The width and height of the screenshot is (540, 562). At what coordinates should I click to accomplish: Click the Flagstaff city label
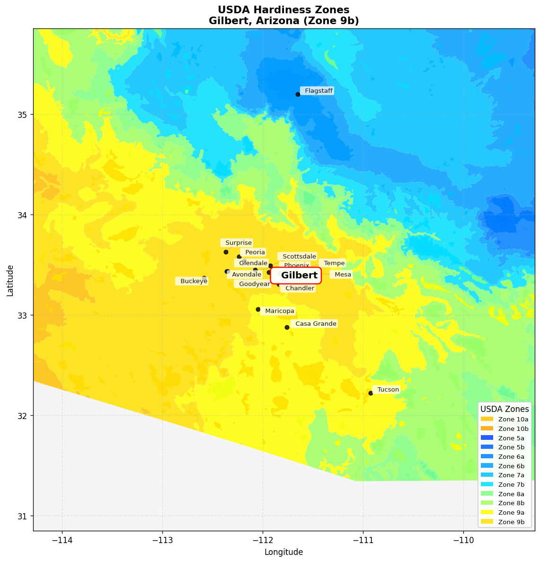pos(318,91)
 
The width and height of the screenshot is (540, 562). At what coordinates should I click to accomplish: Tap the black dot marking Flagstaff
pos(298,94)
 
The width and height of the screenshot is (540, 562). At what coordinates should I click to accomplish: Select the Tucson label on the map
pos(388,390)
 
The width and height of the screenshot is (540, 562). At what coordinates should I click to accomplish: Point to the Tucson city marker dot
pos(371,393)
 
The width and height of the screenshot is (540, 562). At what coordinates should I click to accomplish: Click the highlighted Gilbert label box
pos(296,276)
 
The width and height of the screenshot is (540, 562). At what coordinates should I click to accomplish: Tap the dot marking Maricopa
pos(258,309)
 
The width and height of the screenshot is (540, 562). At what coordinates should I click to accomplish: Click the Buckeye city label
pos(193,281)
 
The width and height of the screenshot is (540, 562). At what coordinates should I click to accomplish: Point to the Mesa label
pos(342,275)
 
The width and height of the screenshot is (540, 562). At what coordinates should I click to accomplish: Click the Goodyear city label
pos(254,284)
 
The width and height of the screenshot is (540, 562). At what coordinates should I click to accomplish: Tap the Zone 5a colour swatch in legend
pos(487,438)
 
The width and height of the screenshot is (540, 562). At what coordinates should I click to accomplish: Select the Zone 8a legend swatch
pos(487,494)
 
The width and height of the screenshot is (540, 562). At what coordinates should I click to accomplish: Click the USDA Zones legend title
pos(505,409)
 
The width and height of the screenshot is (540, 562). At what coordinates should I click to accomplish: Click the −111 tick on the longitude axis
pos(363,540)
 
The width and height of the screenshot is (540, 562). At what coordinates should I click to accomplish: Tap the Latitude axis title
pos(10,281)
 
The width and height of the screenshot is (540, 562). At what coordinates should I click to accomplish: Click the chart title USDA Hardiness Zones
pos(283,10)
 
